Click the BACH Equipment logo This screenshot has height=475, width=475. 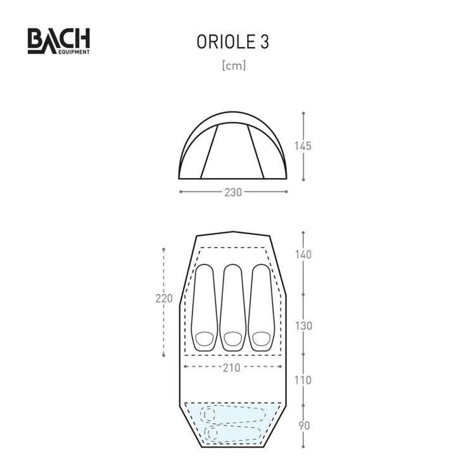58,41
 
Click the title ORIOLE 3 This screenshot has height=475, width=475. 233,42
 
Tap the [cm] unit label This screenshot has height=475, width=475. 233,65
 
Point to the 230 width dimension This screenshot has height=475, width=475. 233,192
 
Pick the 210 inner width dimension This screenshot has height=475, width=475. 232,367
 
